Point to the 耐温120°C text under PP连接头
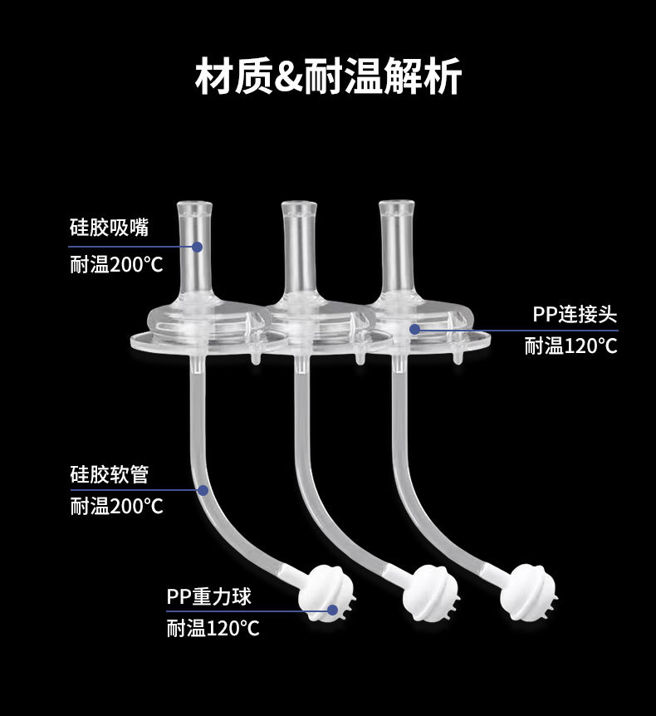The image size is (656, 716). (x=570, y=346)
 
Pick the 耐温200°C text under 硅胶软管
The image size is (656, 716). (x=116, y=506)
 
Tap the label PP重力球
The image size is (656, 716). (x=208, y=596)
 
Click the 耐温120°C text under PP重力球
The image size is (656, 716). (x=213, y=628)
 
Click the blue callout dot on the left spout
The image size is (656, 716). (x=198, y=246)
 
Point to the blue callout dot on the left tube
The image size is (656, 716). (x=202, y=490)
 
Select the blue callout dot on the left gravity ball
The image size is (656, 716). (x=331, y=611)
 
